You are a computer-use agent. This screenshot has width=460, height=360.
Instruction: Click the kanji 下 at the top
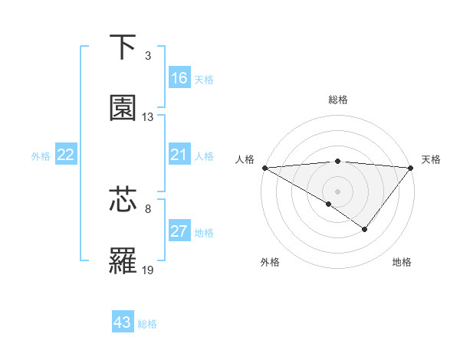click(123, 47)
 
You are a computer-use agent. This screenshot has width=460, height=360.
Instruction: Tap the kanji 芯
click(123, 199)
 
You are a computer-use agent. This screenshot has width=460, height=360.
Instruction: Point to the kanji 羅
click(123, 260)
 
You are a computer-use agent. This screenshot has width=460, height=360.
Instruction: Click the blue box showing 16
click(179, 77)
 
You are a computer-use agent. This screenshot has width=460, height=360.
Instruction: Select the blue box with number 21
click(179, 155)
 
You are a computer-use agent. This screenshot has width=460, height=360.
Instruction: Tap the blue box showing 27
click(179, 232)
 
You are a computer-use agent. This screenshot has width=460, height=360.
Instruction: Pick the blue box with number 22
click(66, 155)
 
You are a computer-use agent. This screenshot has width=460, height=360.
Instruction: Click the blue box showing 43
click(123, 322)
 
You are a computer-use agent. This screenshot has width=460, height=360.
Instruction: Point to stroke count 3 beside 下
click(148, 56)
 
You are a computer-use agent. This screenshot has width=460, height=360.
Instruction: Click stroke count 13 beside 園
click(148, 117)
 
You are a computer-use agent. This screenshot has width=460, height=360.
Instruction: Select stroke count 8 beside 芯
click(148, 208)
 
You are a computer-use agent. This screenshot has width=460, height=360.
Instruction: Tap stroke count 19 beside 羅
click(148, 270)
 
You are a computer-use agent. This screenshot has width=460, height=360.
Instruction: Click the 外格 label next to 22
click(41, 155)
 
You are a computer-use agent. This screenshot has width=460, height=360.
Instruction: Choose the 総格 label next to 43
click(148, 324)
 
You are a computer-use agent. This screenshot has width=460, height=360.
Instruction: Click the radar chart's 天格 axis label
click(431, 159)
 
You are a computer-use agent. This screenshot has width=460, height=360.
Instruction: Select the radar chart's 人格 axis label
click(244, 159)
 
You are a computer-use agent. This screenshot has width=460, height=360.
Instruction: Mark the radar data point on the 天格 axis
click(411, 167)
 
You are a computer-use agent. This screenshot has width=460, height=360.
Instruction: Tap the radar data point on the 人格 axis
click(264, 167)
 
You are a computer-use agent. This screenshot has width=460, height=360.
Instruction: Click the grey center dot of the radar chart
click(337, 191)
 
